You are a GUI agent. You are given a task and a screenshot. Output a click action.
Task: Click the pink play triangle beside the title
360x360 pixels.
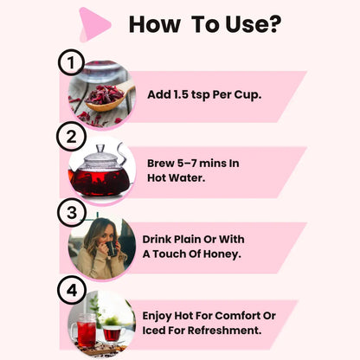click(94, 24)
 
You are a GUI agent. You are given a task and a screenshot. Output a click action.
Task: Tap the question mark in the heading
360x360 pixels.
click(275, 24)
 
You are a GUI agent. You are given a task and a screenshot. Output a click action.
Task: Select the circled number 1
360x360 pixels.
click(71, 62)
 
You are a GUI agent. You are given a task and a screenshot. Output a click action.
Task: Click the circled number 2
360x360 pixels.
click(71, 137)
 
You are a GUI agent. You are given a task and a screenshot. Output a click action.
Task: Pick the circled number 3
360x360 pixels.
click(72, 213)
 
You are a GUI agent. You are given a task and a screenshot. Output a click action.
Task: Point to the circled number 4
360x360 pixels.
click(72, 290)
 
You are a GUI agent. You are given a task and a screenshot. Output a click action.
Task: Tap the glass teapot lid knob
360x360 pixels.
click(100, 149)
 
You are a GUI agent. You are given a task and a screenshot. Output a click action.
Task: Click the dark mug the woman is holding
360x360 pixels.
click(112, 248)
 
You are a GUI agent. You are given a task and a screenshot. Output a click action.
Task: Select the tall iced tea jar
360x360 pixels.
click(86, 331)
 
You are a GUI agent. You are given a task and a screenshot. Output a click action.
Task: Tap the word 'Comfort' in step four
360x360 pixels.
click(237, 316)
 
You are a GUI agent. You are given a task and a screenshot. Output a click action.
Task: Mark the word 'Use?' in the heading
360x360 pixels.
click(254, 24)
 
